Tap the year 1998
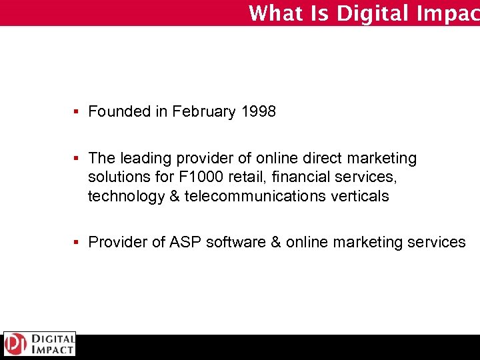258,112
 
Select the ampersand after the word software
276,243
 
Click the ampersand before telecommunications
174,197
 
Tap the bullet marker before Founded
78,112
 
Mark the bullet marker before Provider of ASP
78,243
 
